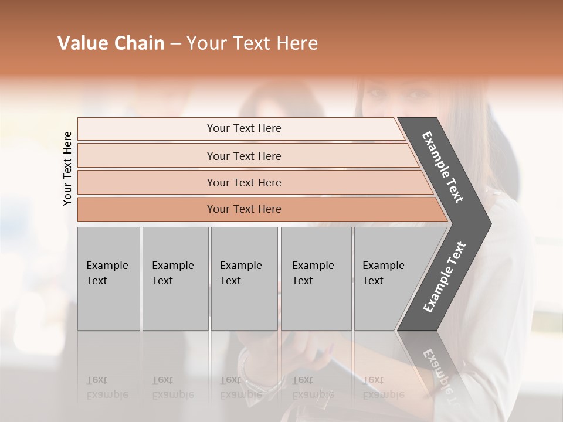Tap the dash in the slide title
pos(175,44)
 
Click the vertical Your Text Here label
pos(67,168)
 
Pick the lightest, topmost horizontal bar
pos(240,128)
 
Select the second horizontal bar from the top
pos(246,156)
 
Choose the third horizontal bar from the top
pos(252,182)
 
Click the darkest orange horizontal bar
pos(258,209)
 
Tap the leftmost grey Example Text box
pos(108,278)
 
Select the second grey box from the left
pos(175,278)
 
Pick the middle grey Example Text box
pos(244,278)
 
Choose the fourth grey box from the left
pos(316,278)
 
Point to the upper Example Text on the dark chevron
pos(443,167)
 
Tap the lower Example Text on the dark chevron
pos(445,277)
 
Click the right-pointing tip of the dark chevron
pos(488,223)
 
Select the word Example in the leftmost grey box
pos(107,266)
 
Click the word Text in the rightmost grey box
pos(373,281)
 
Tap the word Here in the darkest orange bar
pos(267,209)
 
